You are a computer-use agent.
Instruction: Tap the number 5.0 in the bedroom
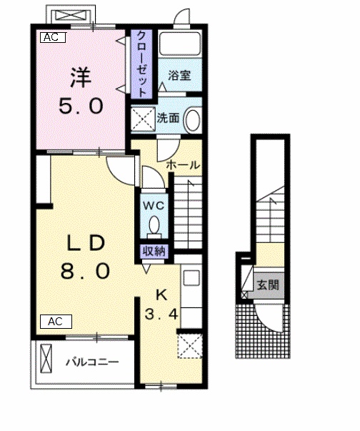(80, 106)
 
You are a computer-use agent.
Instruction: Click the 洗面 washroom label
(169, 118)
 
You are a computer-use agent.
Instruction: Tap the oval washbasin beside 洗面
(193, 119)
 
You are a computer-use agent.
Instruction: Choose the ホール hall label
(183, 165)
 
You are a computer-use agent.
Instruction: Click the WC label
(156, 205)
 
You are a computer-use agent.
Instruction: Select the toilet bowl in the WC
(155, 226)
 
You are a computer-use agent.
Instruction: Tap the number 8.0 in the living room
(86, 272)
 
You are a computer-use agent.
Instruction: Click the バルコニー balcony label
(92, 361)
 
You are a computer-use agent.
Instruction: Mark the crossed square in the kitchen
(189, 345)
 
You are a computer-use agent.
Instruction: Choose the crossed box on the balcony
(47, 357)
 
